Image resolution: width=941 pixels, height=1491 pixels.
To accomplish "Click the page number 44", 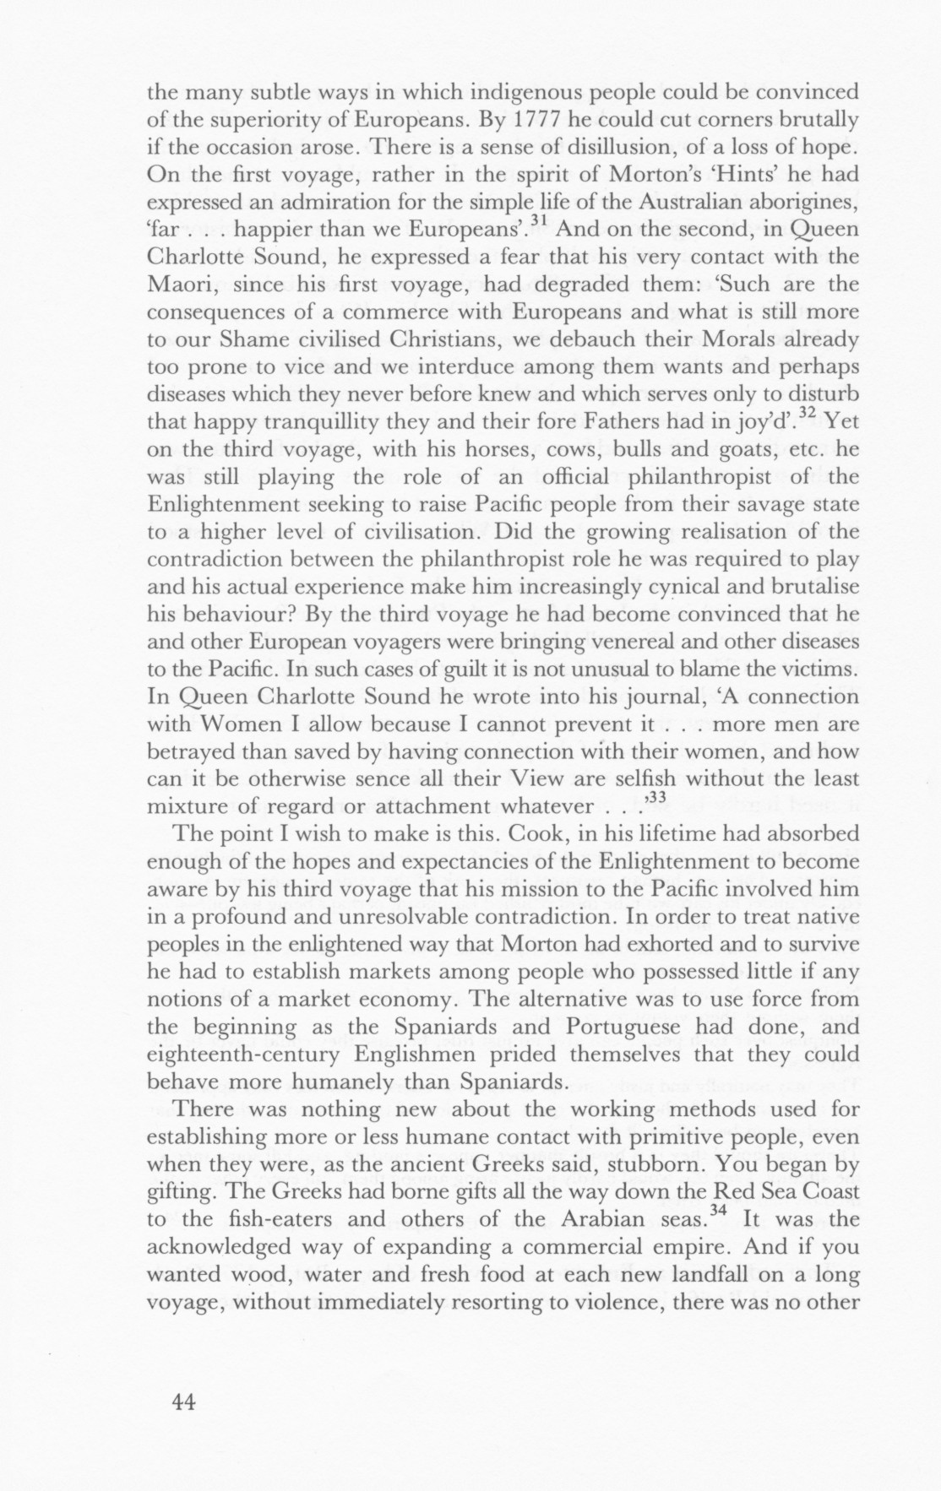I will click(x=184, y=1402).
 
